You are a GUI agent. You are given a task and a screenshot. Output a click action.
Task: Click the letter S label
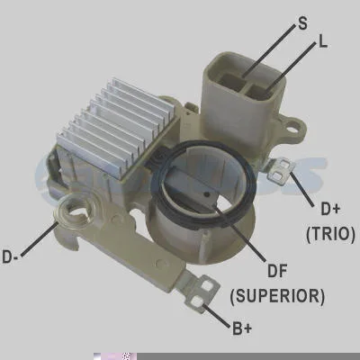302,22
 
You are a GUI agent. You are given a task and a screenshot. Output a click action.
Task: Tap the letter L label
322,42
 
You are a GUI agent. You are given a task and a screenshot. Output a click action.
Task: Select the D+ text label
330,209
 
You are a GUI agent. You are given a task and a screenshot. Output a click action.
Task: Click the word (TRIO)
330,234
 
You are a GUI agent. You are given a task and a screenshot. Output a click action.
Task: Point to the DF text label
277,271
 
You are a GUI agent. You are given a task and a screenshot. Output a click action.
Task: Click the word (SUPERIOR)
277,296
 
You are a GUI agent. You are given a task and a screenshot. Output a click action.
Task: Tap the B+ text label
242,328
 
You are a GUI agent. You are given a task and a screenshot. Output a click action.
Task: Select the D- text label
11,256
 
